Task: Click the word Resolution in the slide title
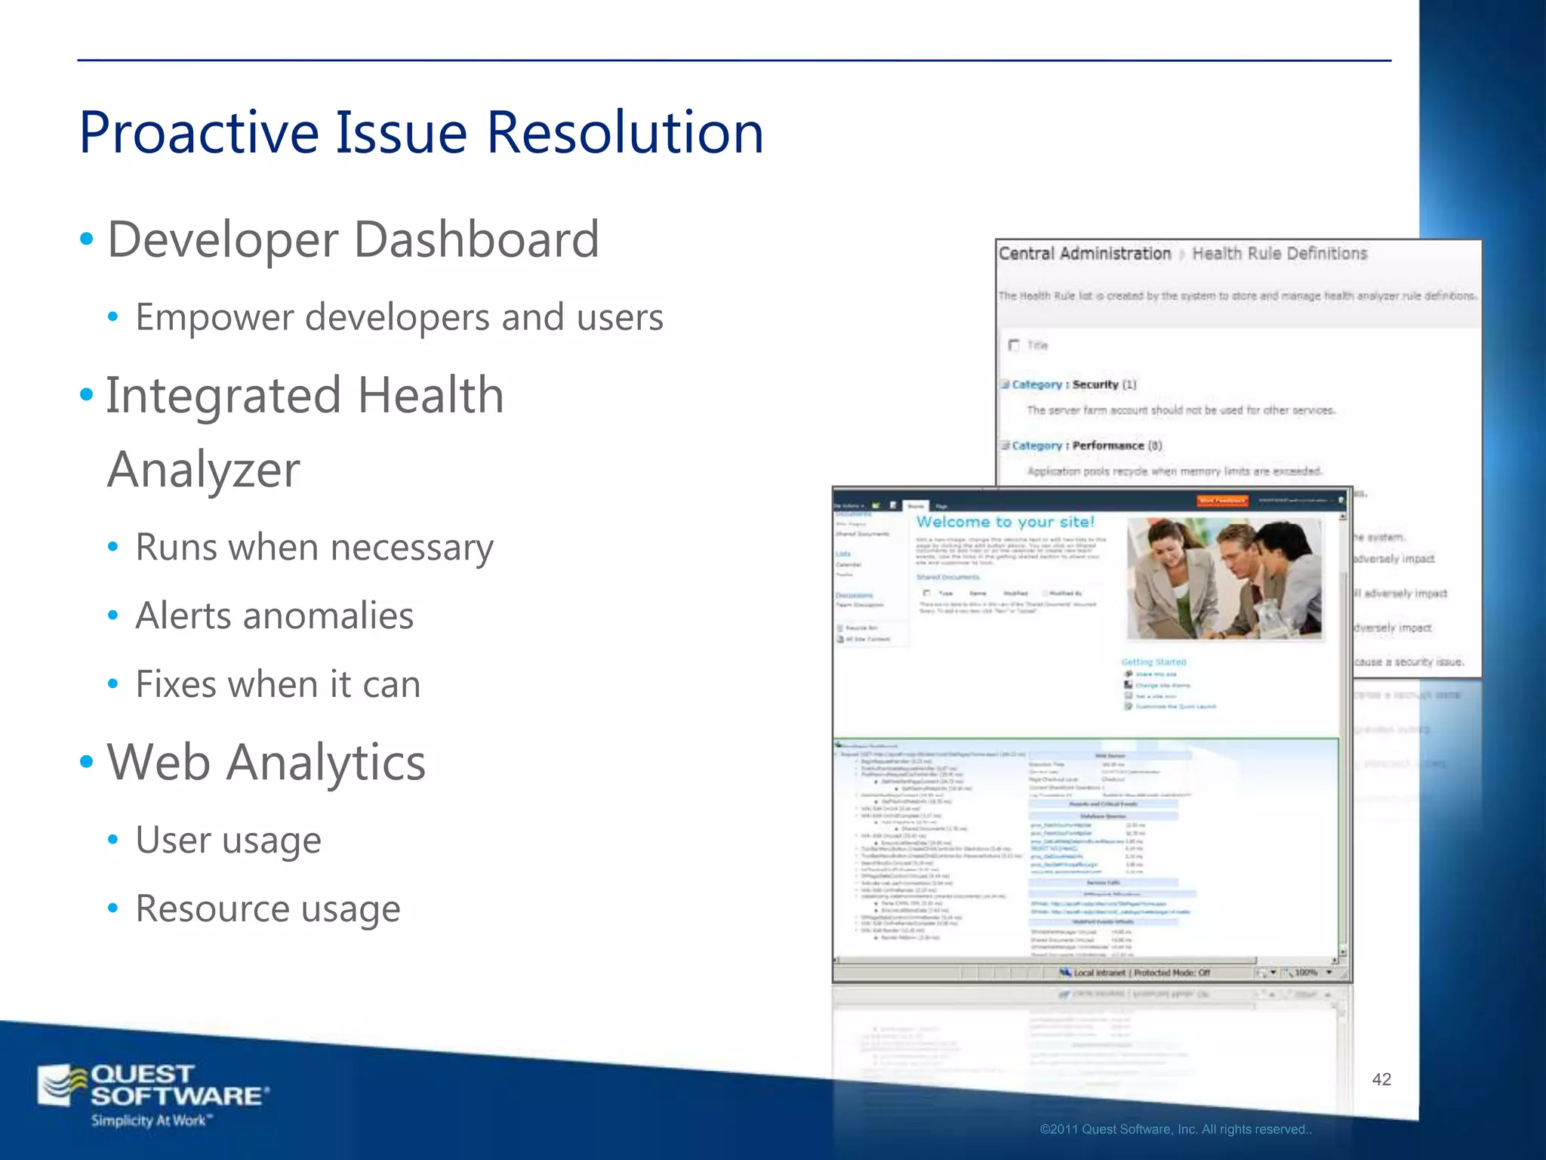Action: [x=624, y=133]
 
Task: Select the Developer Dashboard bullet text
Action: [x=353, y=240]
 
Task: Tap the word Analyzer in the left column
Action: [x=203, y=470]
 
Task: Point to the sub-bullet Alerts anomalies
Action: [x=274, y=615]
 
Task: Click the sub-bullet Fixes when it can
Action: [x=277, y=684]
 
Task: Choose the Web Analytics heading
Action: [x=266, y=762]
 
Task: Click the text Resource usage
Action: [x=267, y=909]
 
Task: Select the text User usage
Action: [x=228, y=840]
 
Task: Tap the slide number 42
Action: [x=1381, y=1079]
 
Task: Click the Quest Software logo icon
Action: [x=62, y=1085]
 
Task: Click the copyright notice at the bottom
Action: [x=1175, y=1129]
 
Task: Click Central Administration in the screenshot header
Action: [x=1084, y=254]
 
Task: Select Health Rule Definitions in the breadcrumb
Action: [x=1279, y=254]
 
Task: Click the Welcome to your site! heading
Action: [x=1005, y=522]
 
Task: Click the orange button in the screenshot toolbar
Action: [x=1222, y=501]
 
